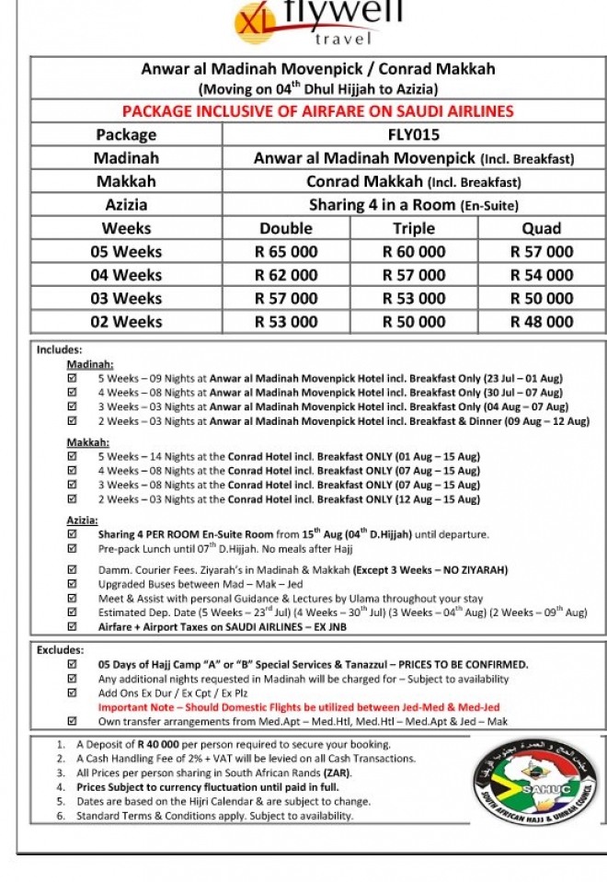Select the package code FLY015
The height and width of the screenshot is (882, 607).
[414, 134]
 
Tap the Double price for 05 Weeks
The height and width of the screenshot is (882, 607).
[286, 251]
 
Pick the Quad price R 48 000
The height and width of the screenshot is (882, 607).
[541, 322]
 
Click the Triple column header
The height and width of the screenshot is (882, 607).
[414, 228]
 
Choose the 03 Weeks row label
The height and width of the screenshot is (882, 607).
[126, 298]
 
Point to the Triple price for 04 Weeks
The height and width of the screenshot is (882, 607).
[414, 275]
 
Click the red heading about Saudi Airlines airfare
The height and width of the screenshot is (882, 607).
[317, 111]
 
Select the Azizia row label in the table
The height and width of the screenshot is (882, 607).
[126, 204]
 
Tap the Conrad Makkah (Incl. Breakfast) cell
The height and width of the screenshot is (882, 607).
[414, 181]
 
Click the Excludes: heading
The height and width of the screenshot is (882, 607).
[60, 650]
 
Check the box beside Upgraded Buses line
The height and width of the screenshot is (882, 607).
[73, 584]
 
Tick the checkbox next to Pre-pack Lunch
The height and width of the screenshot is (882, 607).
[73, 549]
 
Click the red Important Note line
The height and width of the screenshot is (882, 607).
[299, 707]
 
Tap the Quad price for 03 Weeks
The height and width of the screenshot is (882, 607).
[541, 298]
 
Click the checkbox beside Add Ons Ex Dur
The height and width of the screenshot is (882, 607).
[73, 693]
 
